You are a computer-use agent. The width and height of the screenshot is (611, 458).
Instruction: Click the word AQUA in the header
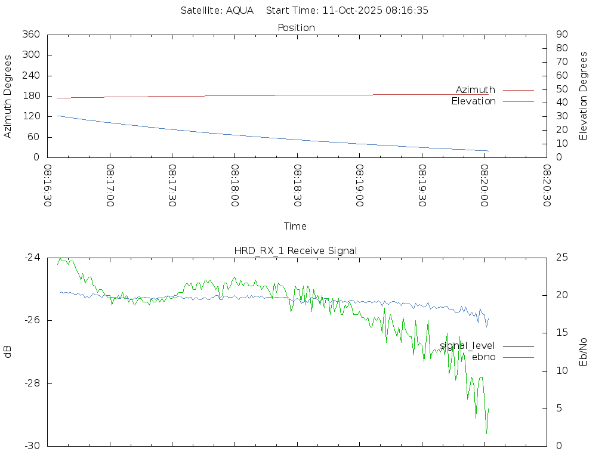click(x=240, y=11)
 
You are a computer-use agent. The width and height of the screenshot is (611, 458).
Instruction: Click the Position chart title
click(x=297, y=28)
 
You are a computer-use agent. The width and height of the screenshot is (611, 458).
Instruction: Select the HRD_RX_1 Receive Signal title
click(x=296, y=250)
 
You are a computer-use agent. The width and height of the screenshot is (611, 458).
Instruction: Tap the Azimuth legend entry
click(x=476, y=90)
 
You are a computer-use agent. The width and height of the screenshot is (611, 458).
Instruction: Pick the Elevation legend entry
click(x=473, y=101)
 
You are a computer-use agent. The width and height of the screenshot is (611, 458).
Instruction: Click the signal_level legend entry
click(x=467, y=346)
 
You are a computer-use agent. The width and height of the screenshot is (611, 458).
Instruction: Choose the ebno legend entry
click(x=483, y=357)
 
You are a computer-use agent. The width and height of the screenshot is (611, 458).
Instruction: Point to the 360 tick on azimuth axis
click(x=31, y=35)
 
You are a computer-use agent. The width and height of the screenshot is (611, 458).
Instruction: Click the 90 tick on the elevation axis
click(x=561, y=35)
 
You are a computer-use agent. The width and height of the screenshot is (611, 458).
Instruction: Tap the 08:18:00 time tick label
click(x=234, y=185)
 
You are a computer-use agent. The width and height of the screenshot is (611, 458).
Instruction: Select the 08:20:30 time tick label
click(x=546, y=185)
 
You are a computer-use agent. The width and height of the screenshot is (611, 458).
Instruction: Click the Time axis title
click(x=295, y=227)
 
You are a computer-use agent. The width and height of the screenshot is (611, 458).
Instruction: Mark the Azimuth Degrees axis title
click(x=8, y=97)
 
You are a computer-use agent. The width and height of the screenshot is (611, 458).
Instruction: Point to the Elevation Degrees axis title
click(x=584, y=96)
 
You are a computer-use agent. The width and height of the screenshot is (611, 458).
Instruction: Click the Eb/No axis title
click(x=584, y=352)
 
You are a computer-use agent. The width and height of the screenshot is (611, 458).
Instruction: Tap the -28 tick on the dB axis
click(x=32, y=383)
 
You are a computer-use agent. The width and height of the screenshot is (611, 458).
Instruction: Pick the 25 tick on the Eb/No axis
click(x=561, y=258)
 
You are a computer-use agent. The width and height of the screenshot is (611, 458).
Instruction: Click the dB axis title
click(x=8, y=352)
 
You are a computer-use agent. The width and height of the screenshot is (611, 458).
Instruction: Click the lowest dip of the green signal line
click(x=486, y=432)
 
